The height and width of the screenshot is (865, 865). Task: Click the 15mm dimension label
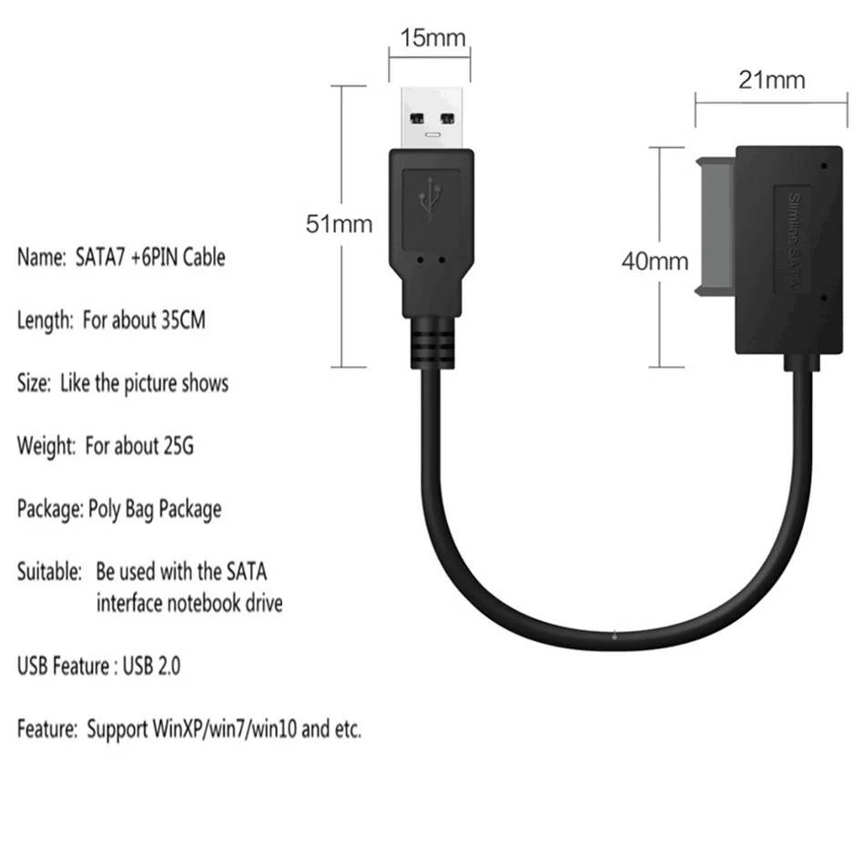coord(432,39)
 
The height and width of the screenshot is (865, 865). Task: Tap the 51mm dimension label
coord(339,224)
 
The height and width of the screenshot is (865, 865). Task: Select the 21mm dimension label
coord(771,80)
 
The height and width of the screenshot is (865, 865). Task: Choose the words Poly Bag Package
coord(154,508)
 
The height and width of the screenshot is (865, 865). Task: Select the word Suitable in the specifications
coord(49,572)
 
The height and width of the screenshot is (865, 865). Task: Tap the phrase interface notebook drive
coord(188,603)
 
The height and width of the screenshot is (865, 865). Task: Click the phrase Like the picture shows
coord(144,383)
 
